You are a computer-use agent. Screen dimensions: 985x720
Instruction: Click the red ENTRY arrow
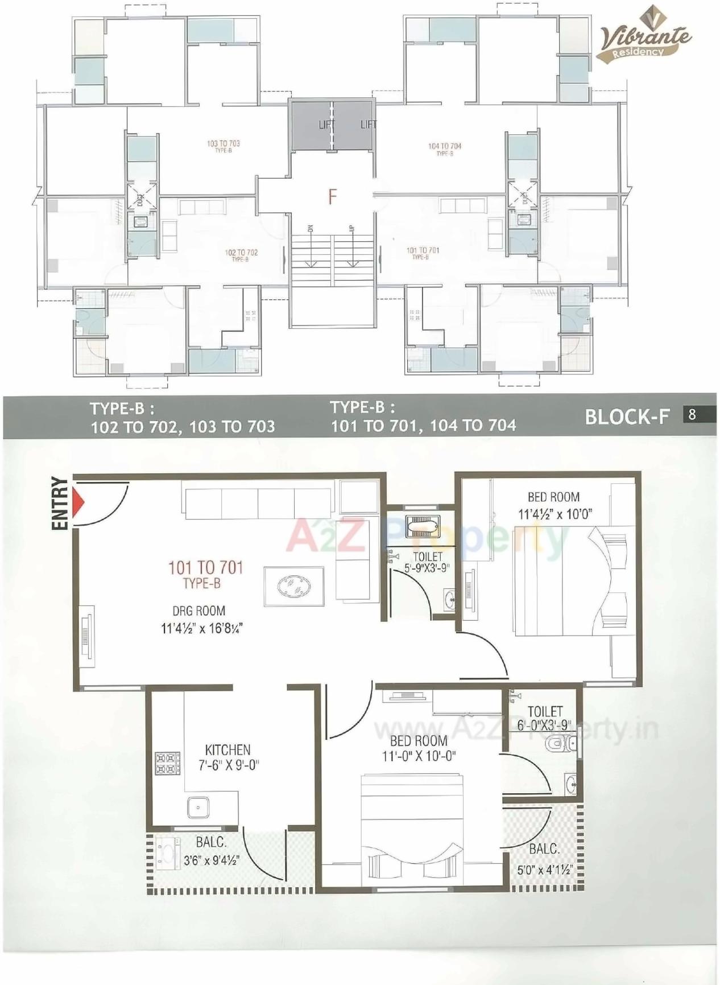pos(78,503)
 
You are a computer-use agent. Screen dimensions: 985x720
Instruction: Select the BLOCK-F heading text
pos(627,417)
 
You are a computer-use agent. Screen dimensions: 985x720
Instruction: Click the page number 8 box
pos(692,414)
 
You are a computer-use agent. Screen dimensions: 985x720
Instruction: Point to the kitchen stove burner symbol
pos(167,764)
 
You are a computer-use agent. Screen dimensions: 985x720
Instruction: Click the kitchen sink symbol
pos(198,807)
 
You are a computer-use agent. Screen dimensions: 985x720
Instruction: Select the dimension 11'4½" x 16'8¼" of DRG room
pos(202,629)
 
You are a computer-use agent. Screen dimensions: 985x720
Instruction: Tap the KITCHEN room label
pos(227,750)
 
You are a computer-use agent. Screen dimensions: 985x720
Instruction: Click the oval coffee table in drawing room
pos(294,586)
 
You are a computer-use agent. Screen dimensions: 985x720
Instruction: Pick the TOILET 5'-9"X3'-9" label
pos(427,562)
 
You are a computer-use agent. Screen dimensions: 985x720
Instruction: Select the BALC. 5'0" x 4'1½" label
pos(544,859)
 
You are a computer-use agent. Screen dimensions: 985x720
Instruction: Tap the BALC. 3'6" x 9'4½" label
pos(211,851)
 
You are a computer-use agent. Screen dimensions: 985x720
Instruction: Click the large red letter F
pos(332,197)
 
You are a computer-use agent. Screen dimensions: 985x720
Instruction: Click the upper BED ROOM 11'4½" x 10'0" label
pos(554,505)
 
